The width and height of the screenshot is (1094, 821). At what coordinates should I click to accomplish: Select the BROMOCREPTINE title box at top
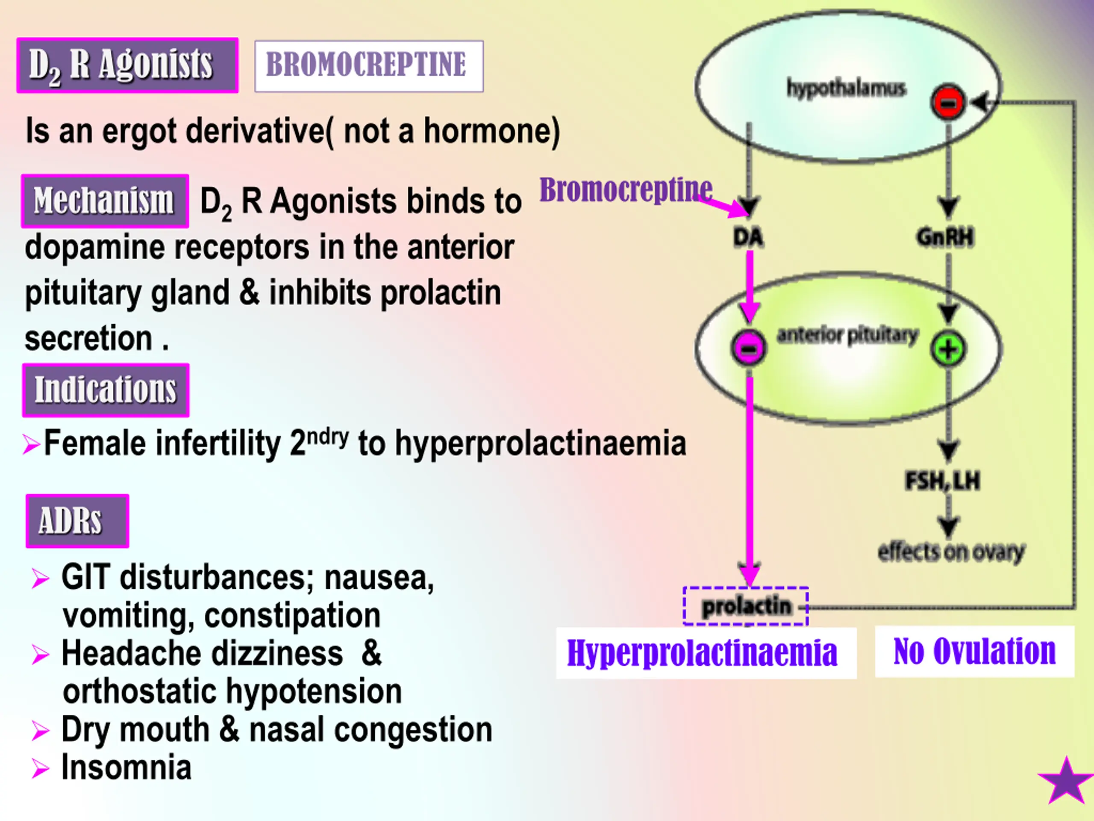point(369,66)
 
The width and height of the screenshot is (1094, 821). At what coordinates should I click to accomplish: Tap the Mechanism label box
point(105,201)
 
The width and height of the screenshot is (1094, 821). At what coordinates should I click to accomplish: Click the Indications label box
point(106,390)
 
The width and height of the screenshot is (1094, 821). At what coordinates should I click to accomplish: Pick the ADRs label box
point(78,521)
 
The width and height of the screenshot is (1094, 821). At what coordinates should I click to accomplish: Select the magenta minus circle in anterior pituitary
point(749,348)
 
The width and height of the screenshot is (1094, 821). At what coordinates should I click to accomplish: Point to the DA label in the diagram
point(748,238)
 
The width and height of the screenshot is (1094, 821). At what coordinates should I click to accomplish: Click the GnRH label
point(945,236)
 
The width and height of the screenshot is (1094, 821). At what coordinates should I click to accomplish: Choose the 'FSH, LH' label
point(943,481)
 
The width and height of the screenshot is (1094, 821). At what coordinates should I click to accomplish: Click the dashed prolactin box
point(746,606)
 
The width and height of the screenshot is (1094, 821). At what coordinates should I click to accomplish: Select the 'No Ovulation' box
point(974,651)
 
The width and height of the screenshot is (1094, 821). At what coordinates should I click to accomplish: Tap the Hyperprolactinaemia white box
point(706,653)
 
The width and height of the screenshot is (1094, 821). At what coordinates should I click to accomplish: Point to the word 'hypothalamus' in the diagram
point(846,88)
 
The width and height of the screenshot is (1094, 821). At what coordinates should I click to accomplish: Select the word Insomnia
point(126,768)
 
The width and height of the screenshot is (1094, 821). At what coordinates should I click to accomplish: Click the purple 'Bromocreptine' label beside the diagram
point(626,189)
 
